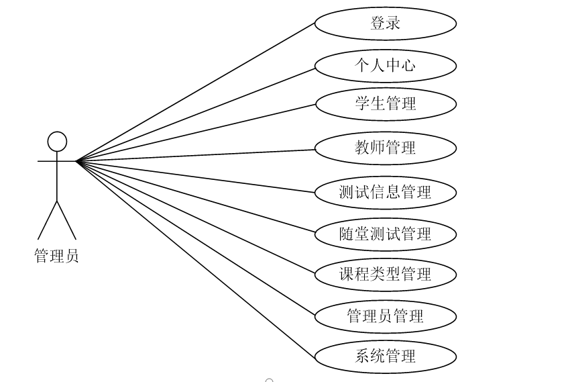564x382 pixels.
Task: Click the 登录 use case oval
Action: (x=385, y=23)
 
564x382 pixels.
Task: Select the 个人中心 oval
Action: (x=385, y=66)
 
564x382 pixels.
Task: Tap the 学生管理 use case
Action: (x=385, y=103)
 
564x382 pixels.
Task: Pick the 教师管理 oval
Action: (x=385, y=147)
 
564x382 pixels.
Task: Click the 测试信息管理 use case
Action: (x=385, y=192)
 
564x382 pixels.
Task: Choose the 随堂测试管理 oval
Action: (x=385, y=234)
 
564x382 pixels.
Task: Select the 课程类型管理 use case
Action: (x=385, y=274)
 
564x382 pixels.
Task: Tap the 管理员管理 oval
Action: (x=385, y=316)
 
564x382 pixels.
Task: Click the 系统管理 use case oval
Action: (x=385, y=356)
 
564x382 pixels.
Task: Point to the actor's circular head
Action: (x=57, y=142)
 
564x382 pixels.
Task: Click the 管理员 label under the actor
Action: (x=56, y=256)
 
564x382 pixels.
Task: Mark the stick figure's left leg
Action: (x=47, y=220)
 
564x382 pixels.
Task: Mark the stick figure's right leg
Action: (x=67, y=220)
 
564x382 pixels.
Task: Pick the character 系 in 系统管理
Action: (x=362, y=356)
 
